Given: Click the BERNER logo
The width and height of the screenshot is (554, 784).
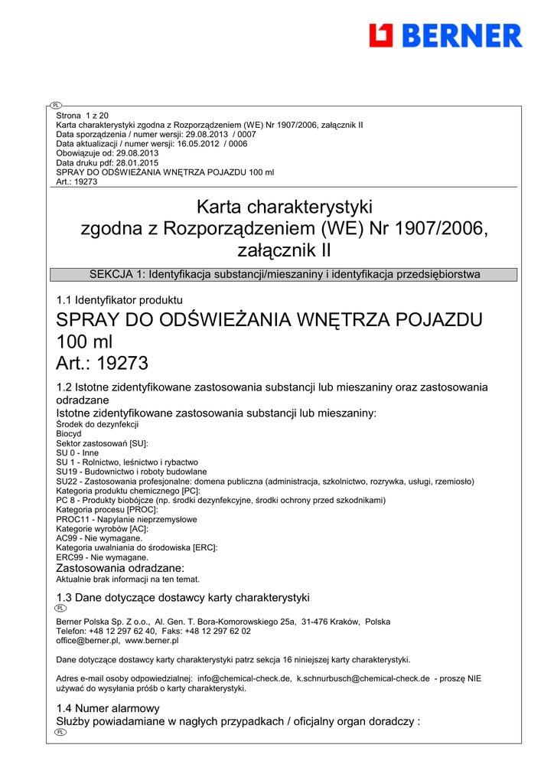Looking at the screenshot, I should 445,35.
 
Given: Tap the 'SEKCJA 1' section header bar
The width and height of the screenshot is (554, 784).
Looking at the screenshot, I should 285,274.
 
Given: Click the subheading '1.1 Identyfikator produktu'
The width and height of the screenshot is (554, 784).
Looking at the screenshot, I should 119,299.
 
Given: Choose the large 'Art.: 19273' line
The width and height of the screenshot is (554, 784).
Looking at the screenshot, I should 102,363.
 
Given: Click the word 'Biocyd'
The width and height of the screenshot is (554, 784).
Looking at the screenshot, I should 69,433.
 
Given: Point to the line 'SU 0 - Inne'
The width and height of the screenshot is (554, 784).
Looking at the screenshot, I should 77,452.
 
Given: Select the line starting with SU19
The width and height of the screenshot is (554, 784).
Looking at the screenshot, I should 132,472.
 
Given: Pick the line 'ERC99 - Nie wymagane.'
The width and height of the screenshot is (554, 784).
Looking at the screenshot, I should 102,557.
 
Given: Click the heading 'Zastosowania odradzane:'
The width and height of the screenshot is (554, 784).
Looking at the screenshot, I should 120,568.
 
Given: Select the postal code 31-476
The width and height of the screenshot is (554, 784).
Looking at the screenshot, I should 316,622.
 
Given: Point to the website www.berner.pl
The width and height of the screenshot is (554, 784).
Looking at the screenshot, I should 152,640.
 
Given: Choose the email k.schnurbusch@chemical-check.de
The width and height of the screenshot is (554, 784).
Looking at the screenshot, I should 363,678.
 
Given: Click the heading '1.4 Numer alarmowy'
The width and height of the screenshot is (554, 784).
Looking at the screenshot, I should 108,708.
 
